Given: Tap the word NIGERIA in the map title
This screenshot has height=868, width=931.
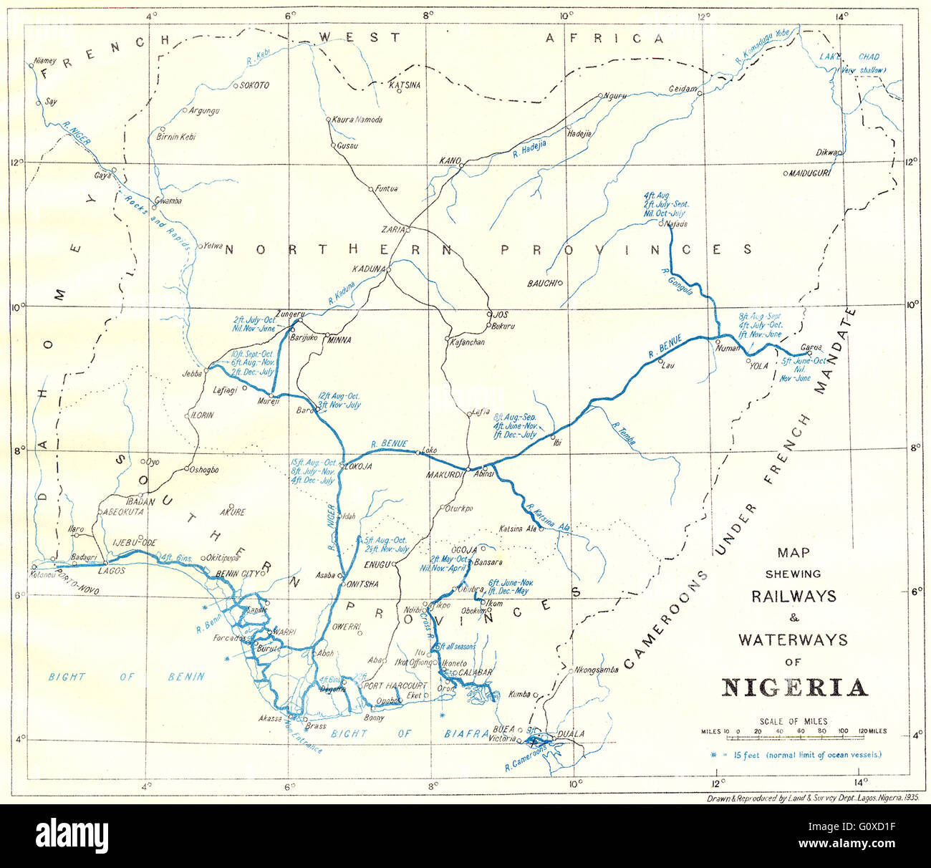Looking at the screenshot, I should pyautogui.click(x=793, y=687).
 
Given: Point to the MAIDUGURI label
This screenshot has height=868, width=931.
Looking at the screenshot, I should pyautogui.click(x=809, y=173).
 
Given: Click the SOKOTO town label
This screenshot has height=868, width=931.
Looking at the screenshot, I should pyautogui.click(x=254, y=85).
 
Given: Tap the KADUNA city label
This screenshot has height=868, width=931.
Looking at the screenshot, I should pyautogui.click(x=368, y=269).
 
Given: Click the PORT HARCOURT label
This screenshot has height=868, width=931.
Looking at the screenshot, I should pyautogui.click(x=395, y=685).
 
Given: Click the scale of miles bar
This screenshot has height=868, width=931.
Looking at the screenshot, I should pyautogui.click(x=793, y=731).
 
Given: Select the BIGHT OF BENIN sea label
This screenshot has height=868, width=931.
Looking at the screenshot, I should pyautogui.click(x=126, y=676).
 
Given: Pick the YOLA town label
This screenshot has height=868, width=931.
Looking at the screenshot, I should pyautogui.click(x=758, y=365).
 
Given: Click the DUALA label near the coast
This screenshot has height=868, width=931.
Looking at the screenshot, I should pyautogui.click(x=571, y=733).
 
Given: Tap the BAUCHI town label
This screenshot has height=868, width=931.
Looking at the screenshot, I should pyautogui.click(x=541, y=284).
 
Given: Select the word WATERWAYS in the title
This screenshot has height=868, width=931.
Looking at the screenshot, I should pyautogui.click(x=793, y=639).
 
